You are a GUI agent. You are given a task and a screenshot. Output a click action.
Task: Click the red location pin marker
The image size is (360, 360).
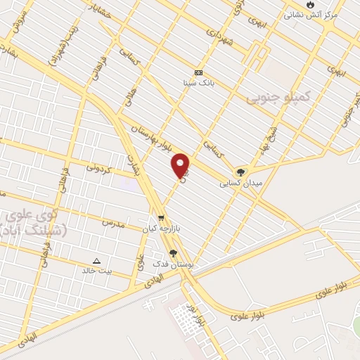click(181, 165)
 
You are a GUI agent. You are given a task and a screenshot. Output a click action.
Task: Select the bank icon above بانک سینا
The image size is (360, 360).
click(198, 72)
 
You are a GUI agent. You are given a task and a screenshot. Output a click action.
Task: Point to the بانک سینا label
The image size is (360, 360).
click(199, 82)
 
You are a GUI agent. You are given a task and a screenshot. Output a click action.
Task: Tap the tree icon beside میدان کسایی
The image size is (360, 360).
click(241, 171)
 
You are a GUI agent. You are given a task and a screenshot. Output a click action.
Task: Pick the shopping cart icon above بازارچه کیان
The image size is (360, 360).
click(162, 218)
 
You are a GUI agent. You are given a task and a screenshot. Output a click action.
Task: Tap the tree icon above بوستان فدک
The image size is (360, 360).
click(173, 254)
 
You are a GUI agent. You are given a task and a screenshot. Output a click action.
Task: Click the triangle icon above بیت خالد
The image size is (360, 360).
click(97, 260)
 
